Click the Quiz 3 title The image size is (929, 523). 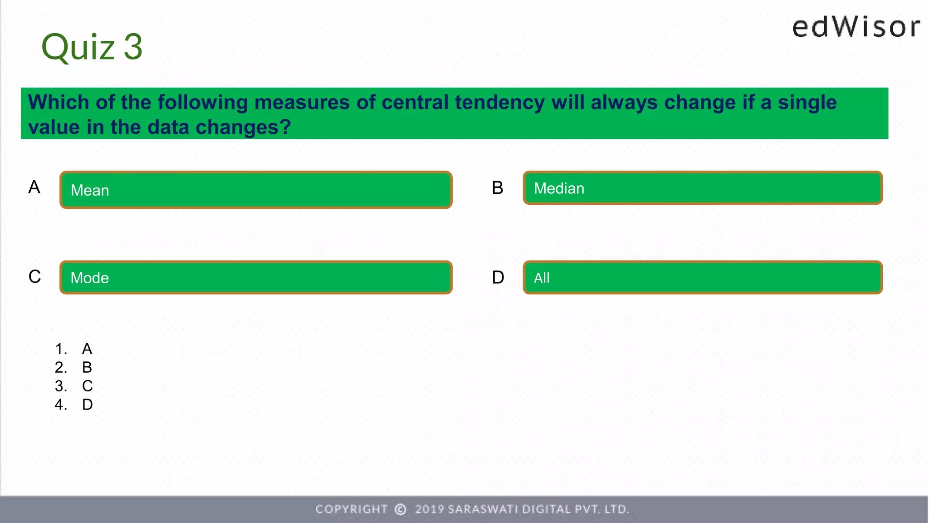(92, 47)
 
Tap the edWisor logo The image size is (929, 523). (856, 27)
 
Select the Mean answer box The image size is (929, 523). (256, 190)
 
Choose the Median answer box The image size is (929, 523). (702, 188)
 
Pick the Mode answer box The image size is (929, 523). (256, 277)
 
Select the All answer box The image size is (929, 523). (702, 277)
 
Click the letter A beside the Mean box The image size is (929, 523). (34, 187)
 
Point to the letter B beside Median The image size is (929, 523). (498, 188)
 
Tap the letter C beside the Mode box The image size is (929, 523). (34, 276)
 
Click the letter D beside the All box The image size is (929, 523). (498, 277)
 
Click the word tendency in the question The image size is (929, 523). (499, 103)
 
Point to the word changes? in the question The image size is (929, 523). (243, 128)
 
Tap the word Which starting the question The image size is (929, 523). (59, 103)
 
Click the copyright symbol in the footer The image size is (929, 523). (401, 509)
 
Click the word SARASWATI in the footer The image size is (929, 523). (483, 509)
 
